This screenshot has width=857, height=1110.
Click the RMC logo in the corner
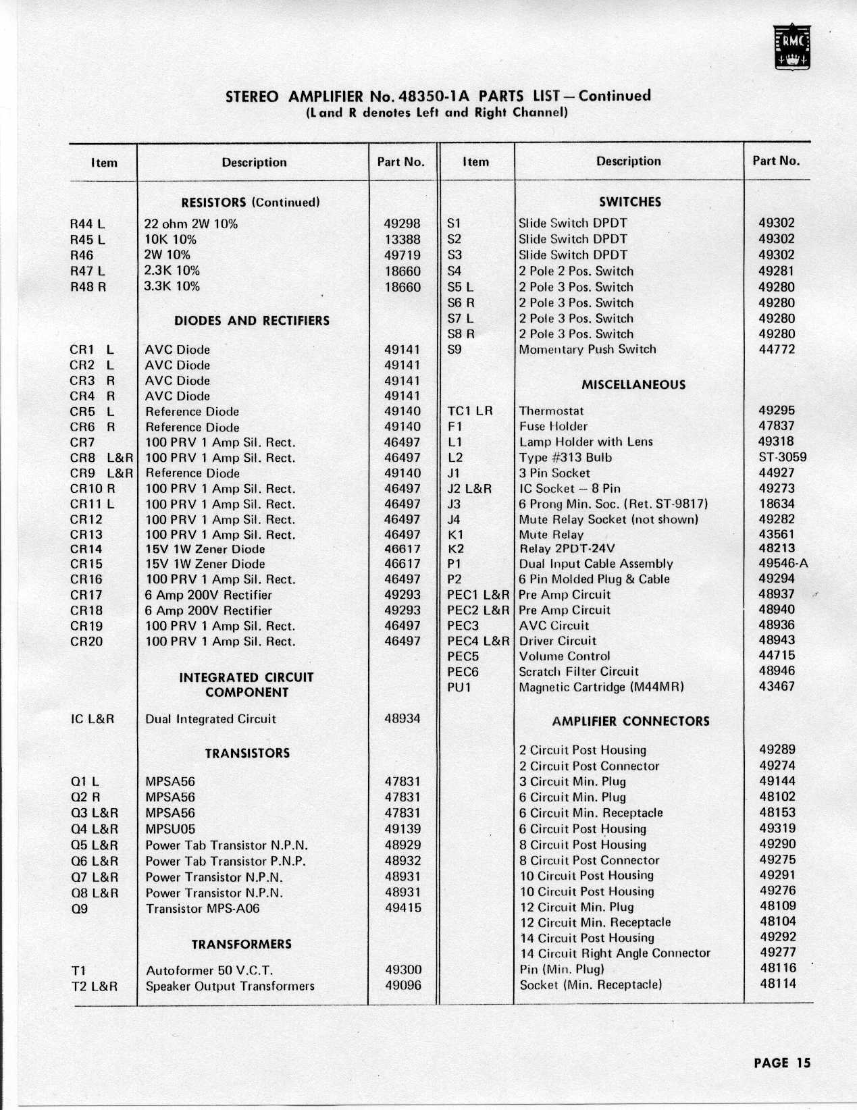793,47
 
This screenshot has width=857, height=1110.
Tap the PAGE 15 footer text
781,1063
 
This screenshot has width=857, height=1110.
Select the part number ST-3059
782,457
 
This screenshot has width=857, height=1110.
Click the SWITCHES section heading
629,202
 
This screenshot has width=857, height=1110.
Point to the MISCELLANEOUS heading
633,385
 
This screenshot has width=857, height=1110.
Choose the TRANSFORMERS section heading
241,944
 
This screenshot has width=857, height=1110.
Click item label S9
455,350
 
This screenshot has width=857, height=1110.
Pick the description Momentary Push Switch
587,350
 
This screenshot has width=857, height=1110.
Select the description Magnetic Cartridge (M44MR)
601,687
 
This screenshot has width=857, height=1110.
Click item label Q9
79,909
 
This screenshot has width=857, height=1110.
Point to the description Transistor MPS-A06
203,909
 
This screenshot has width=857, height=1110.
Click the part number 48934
402,718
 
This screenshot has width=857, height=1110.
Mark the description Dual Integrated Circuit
211,719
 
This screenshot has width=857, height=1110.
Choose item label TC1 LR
470,411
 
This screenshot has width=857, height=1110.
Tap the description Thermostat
551,411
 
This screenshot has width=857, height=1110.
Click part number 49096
402,986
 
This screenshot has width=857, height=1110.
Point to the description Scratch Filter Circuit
578,672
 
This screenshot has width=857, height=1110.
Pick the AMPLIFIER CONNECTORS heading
630,721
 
